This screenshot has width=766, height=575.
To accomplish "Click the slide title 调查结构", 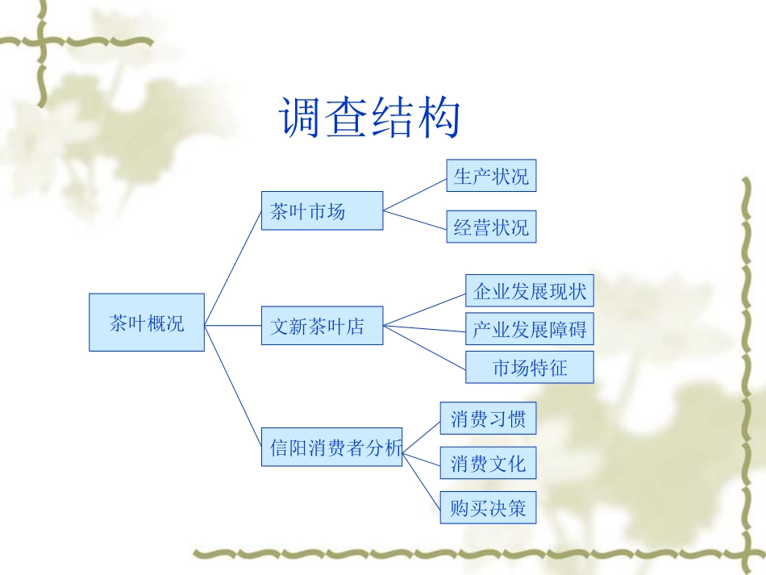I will (370, 118).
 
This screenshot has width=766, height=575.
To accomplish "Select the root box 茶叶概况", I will (147, 323).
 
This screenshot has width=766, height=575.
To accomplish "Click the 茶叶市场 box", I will (322, 211).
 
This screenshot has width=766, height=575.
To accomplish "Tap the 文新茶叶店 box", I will (322, 326).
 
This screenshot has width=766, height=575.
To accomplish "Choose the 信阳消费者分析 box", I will (331, 447).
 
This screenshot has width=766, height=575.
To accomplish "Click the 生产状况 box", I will (491, 176).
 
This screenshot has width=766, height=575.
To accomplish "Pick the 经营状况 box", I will (491, 227).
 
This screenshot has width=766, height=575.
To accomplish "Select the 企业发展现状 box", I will (530, 290).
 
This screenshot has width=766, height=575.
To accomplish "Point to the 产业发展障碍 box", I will (530, 329).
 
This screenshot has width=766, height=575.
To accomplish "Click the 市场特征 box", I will (530, 368).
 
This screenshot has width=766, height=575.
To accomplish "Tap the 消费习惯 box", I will (488, 419).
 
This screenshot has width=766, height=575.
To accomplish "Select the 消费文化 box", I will (488, 463).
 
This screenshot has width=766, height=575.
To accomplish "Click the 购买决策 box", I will (488, 507).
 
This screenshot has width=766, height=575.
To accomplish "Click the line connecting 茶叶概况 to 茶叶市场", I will (234, 266).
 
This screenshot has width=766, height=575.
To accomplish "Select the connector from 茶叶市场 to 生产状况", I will (414, 194).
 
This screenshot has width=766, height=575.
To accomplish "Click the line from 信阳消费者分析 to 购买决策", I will (422, 481).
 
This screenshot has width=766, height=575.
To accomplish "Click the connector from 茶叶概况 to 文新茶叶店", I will (233, 326).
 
